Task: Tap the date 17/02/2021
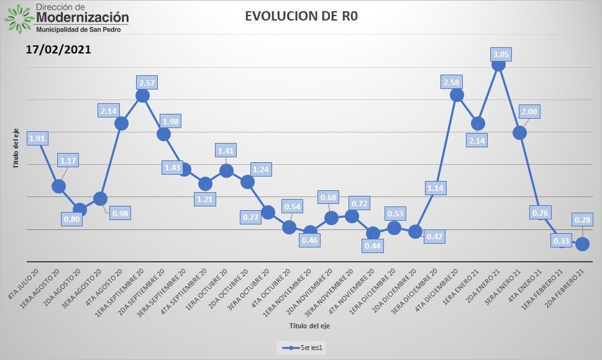pos(59,49)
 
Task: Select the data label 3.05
pos(501,55)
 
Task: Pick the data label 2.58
pos(451,82)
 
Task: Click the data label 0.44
pos(373,246)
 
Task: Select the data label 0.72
pos(358,203)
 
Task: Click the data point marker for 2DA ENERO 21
pos(498,64)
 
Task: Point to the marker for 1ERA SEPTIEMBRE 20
pos(142,95)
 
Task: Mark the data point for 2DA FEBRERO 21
pos(582,244)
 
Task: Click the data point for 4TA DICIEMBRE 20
pos(457,95)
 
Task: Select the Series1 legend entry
pos(301,348)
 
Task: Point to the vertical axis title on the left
pos(17,147)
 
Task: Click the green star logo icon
pos(17,18)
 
